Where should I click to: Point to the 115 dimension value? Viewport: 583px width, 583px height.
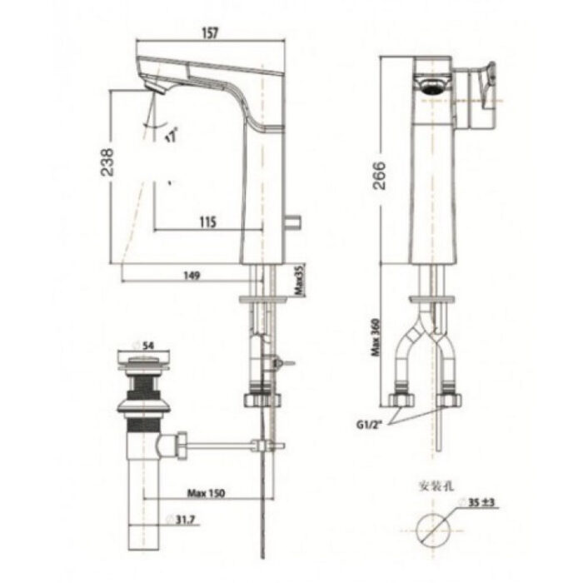point(207,222)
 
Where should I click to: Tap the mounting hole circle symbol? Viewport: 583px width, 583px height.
point(436,528)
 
